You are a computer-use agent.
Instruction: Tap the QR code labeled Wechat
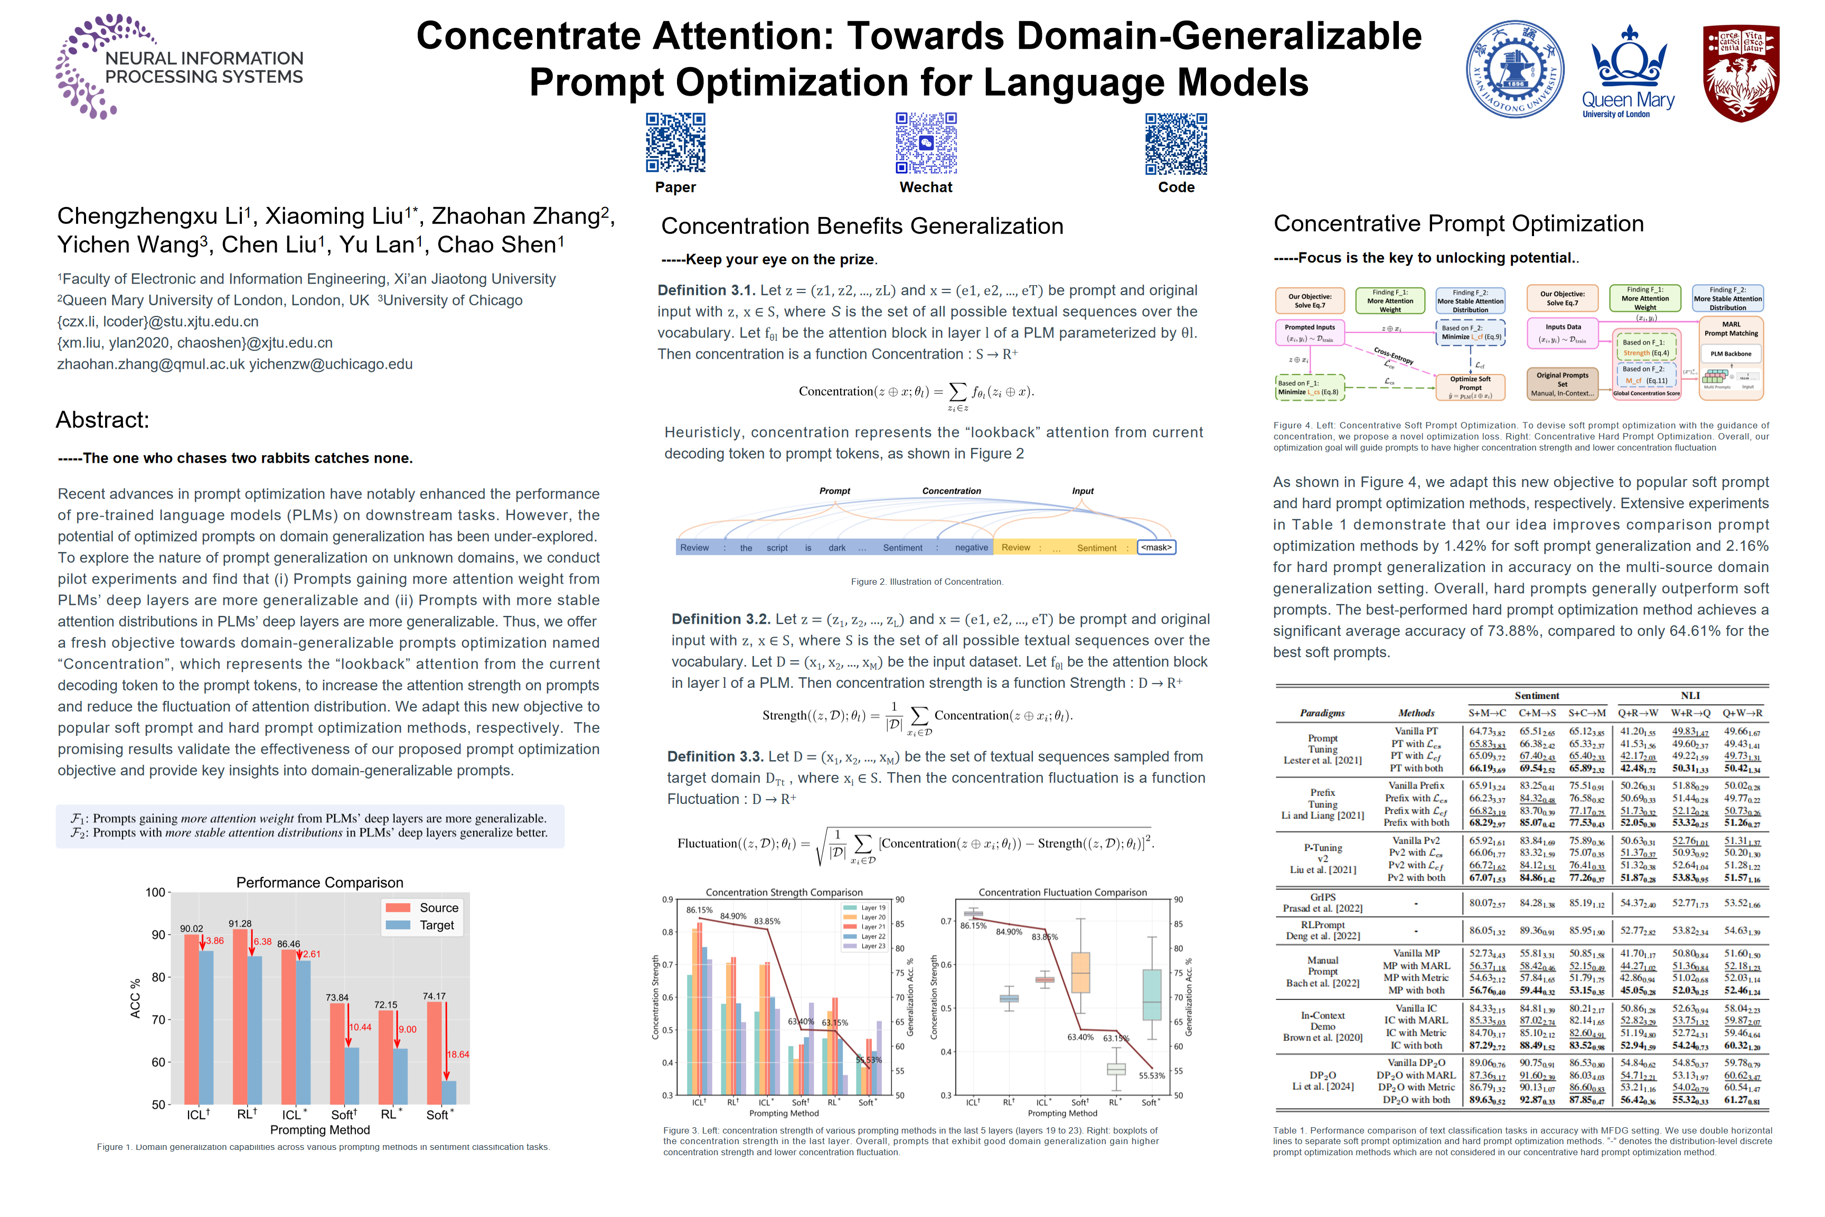pyautogui.click(x=926, y=142)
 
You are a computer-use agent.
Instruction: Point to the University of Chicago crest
pyautogui.click(x=1741, y=72)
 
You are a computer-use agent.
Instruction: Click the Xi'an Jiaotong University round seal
pyautogui.click(x=1514, y=69)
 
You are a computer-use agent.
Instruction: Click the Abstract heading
pyautogui.click(x=102, y=420)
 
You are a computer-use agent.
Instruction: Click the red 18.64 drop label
pyautogui.click(x=458, y=1054)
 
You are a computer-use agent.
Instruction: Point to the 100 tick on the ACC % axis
pyautogui.click(x=156, y=893)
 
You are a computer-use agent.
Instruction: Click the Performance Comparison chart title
pyautogui.click(x=319, y=883)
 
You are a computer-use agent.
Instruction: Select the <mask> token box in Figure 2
pyautogui.click(x=1156, y=547)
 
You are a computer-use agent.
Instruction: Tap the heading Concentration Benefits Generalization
pyautogui.click(x=861, y=226)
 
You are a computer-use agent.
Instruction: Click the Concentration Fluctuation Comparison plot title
pyautogui.click(x=1062, y=893)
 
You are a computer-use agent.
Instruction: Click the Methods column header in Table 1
pyautogui.click(x=1416, y=713)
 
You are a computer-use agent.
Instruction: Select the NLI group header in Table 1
pyautogui.click(x=1690, y=696)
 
